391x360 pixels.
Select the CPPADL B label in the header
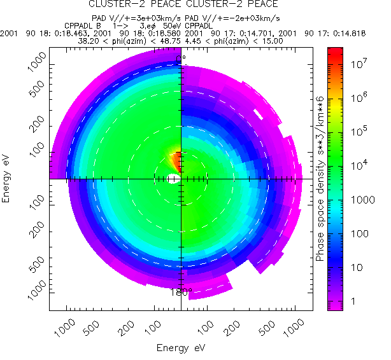click(83, 25)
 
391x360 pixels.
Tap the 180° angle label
click(181, 293)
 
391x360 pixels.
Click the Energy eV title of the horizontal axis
click(181, 348)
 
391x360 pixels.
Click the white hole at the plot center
click(173, 180)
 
